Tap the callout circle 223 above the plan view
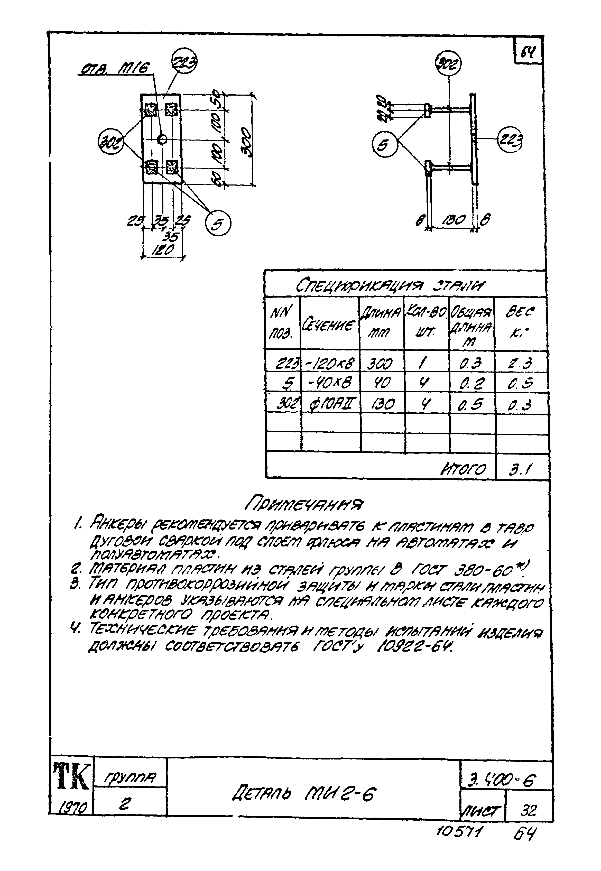pos(184,62)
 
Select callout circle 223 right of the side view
pos(510,140)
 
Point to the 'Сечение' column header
pos(329,325)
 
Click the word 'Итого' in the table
pos(463,469)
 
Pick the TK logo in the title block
pos(71,776)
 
